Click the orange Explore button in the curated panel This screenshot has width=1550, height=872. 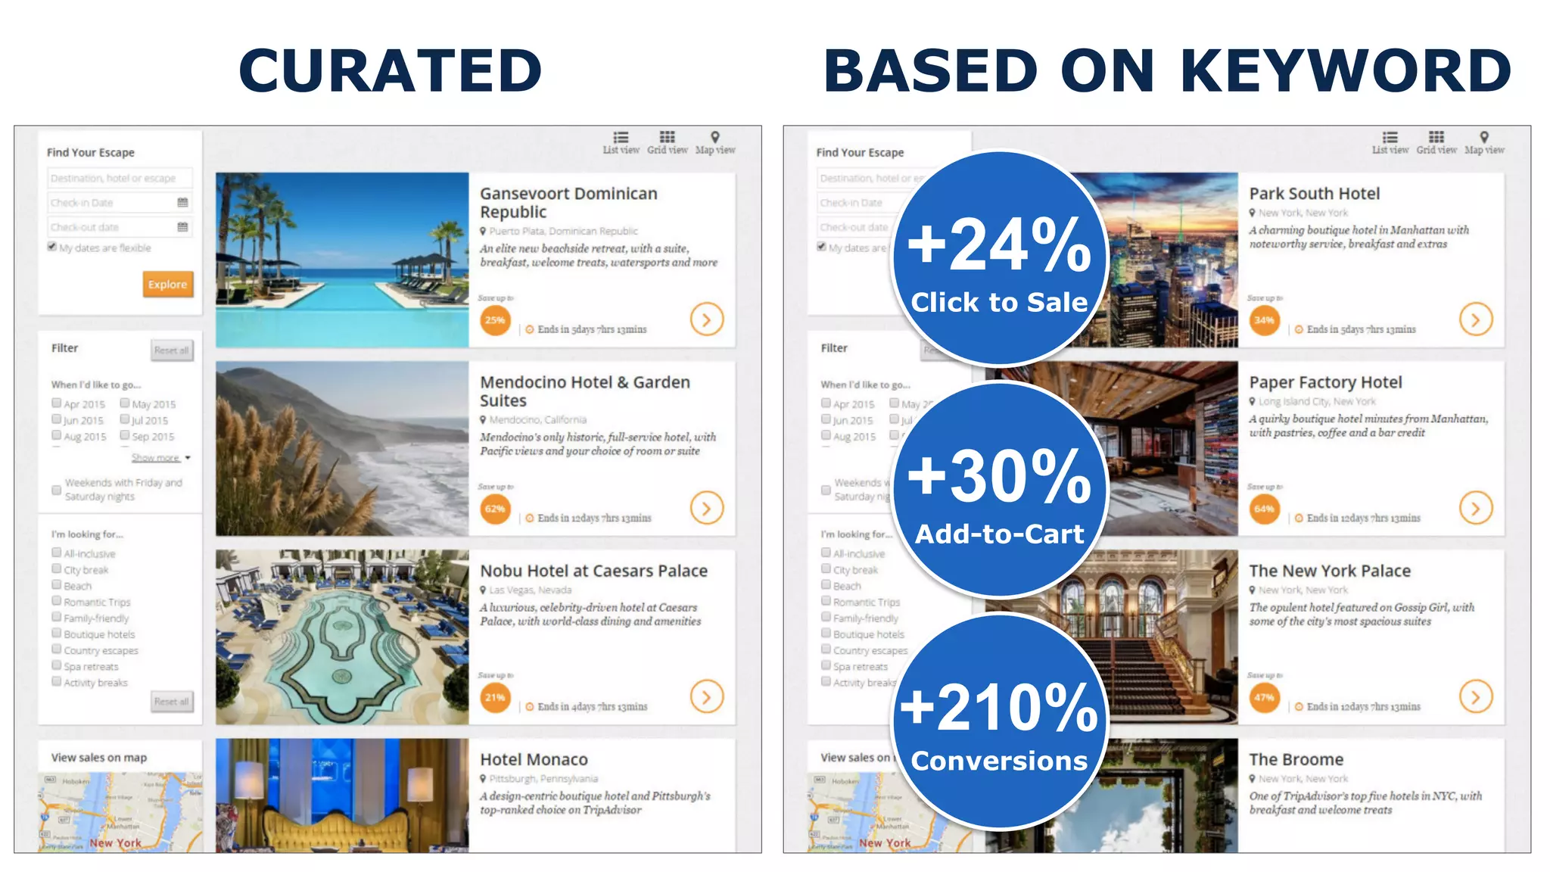pos(167,285)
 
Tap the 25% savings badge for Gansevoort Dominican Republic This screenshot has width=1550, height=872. pos(495,320)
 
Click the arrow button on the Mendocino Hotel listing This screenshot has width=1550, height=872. pos(706,508)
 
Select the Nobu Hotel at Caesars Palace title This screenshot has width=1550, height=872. pos(593,571)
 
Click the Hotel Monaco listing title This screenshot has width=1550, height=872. pos(534,759)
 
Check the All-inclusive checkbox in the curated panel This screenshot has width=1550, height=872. pos(57,553)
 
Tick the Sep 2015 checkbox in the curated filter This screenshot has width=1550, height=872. pos(125,436)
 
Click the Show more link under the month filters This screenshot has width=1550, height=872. pos(156,458)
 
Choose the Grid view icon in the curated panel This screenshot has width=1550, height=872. pos(667,138)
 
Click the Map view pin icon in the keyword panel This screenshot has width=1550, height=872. pos(1484,138)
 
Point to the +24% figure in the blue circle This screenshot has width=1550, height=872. pos(999,245)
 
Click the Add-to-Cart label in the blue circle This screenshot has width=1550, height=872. pos(999,534)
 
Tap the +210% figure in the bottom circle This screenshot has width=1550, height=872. pos(999,708)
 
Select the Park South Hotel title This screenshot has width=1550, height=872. pos(1315,194)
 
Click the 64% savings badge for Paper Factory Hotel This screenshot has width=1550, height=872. pos(1264,509)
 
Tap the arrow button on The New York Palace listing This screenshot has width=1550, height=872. pos(1476,696)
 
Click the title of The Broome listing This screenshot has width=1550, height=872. pos(1296,759)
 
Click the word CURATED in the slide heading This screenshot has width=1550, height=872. pos(391,70)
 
